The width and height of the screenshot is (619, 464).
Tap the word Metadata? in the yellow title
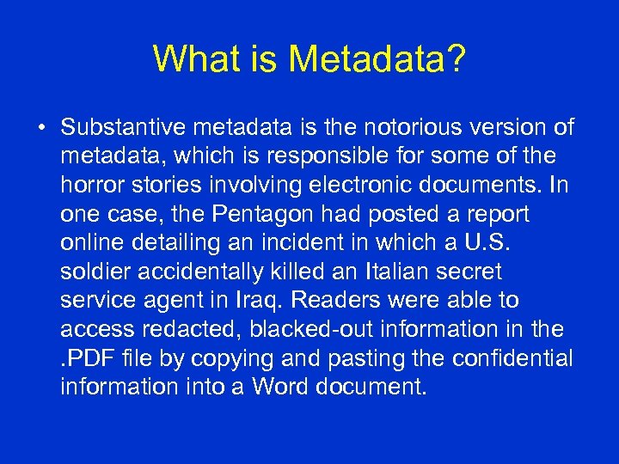[377, 59]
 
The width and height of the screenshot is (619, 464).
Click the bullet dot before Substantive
[41, 129]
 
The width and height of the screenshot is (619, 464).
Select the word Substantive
[122, 128]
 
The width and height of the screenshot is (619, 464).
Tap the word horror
[88, 186]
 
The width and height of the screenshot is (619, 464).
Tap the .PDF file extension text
[87, 358]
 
